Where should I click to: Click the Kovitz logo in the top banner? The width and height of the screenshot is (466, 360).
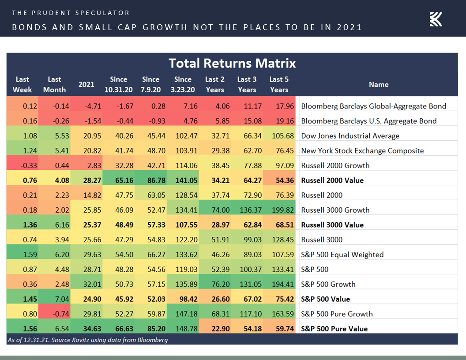pos(436,19)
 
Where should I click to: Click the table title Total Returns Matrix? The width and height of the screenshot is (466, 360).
pos(232,63)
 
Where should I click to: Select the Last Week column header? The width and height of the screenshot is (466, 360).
pos(23,84)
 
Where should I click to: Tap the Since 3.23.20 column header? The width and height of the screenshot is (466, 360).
pos(183,84)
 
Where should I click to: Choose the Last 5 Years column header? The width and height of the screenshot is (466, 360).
pos(279,84)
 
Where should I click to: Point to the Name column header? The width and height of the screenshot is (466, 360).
pos(378,84)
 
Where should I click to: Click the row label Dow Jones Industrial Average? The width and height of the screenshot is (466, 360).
pos(350,136)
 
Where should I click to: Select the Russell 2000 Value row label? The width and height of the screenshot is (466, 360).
pos(332,180)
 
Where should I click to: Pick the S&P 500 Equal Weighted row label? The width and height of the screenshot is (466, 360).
pos(342,255)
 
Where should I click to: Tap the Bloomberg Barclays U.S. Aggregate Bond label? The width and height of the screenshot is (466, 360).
pos(368,121)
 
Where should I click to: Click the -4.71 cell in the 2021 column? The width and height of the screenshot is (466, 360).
pos(86,106)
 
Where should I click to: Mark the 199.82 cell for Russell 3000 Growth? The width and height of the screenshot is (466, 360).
pos(279,210)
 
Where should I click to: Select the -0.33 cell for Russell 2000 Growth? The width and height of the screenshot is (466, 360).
pos(23,165)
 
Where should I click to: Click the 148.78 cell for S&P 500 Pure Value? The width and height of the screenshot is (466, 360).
pos(183,329)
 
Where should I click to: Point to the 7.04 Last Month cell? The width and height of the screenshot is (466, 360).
pos(54,299)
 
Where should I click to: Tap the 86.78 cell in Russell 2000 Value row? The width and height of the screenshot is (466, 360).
pos(150,180)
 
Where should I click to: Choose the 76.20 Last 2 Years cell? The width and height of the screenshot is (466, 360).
pos(215,284)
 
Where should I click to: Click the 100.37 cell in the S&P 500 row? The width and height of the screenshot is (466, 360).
pos(247,270)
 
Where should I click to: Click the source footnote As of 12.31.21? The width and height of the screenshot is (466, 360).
pos(87,340)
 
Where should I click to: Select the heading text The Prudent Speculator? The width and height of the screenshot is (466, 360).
pos(71,13)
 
